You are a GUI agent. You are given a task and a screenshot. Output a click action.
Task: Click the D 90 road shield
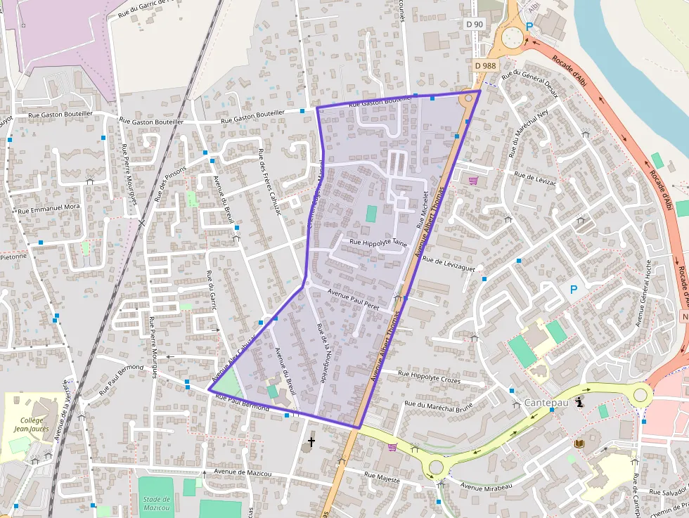coord(475,24)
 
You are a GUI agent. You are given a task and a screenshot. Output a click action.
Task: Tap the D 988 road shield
coord(485,65)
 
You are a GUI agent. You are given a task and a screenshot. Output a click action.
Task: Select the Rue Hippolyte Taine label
coord(373,242)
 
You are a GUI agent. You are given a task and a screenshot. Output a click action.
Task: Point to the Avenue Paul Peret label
coord(354,301)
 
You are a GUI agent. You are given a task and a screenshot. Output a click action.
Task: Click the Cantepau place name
coord(546,403)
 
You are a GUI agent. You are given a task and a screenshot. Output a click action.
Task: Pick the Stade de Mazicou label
coord(155,503)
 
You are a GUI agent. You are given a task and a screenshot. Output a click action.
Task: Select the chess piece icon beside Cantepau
coord(579,403)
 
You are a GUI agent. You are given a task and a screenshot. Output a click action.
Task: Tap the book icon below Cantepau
coord(580,443)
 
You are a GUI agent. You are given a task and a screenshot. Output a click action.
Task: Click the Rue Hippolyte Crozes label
coord(429,377)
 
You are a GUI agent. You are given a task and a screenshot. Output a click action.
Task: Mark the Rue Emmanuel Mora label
coord(49,209)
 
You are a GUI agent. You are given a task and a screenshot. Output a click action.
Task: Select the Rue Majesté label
coord(382,478)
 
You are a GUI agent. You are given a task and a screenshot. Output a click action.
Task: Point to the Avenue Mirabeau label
coord(486,486)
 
